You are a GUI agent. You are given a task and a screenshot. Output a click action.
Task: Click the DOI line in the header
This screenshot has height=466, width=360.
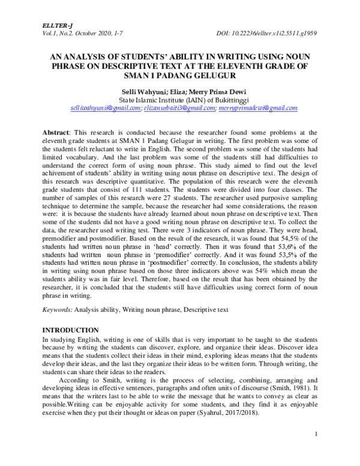266,35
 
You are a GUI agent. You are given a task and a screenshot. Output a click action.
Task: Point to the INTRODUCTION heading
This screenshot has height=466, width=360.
70,330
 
